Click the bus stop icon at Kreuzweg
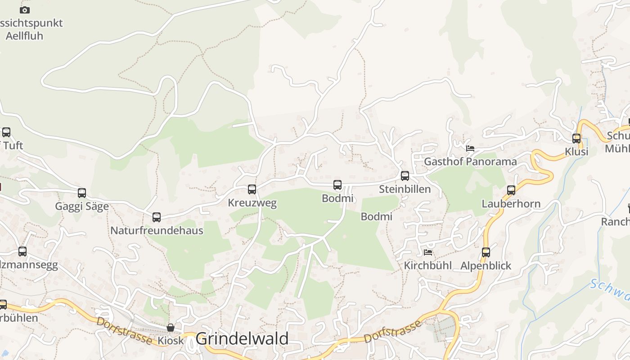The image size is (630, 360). [x=252, y=189]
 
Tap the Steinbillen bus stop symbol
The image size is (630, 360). [x=405, y=176]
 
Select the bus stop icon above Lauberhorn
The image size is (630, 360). [x=511, y=190]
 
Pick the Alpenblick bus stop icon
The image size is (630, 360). [x=486, y=252]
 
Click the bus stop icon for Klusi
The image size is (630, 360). [x=576, y=139]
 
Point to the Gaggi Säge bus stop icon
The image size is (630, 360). [x=82, y=193]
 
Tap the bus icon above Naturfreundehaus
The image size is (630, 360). [x=157, y=217]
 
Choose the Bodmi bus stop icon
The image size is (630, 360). [x=337, y=185]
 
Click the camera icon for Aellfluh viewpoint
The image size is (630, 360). [x=25, y=10]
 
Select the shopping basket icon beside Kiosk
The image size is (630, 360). [x=171, y=328]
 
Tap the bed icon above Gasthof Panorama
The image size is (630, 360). [x=470, y=148]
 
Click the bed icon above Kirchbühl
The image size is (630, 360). [x=428, y=252]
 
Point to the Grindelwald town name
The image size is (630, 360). [x=242, y=339]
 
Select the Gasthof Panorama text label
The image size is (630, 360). [x=470, y=162]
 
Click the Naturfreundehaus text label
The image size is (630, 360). [x=157, y=230]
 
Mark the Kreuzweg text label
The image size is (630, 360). [x=252, y=203]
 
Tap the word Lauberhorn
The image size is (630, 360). [x=511, y=204]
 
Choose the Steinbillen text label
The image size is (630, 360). [x=405, y=189]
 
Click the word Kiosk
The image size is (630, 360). [x=171, y=341]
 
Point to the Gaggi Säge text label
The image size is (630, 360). [x=82, y=207]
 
